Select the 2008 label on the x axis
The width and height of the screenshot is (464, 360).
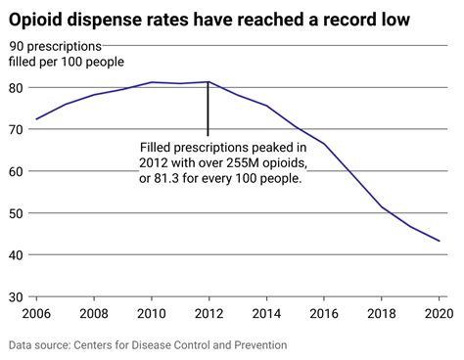pos(93,315)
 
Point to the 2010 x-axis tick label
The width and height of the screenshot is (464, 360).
pos(151,315)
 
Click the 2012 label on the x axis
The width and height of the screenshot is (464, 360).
pos(208,315)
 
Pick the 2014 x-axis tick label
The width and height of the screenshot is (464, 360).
pos(265,315)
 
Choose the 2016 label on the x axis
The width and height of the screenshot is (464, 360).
pos(323,315)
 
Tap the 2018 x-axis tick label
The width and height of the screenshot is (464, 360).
pos(381,315)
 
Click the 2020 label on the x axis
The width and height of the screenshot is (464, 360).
pos(437,315)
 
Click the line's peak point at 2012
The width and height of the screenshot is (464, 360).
pos(208,82)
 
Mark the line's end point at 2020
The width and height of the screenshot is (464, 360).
pos(439,241)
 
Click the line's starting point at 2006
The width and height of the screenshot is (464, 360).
pos(35,119)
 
